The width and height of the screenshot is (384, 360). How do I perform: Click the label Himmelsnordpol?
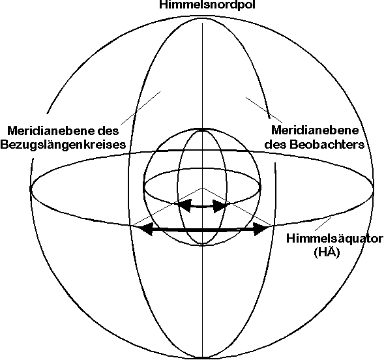click(207, 5)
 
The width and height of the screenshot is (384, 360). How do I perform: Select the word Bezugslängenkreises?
click(63, 145)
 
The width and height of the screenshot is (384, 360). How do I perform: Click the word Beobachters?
click(327, 144)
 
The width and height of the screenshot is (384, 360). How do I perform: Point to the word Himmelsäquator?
click(334, 239)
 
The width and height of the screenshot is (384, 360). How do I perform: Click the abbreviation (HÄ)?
click(327, 252)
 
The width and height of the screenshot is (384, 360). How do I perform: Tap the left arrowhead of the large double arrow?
click(146, 229)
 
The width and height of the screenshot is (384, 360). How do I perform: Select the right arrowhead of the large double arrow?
click(261, 229)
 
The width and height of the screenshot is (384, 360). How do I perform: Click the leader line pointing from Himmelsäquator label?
click(323, 224)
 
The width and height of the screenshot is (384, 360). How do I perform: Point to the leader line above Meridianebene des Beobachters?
click(264, 110)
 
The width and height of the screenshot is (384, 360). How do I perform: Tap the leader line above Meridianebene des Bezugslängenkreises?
click(141, 108)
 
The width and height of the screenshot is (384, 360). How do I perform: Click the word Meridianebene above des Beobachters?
click(315, 130)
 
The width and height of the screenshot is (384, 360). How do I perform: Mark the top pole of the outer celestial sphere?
click(202, 16)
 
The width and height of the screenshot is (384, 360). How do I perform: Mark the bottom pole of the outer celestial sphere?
click(202, 358)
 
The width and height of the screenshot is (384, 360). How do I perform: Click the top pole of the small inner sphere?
click(202, 129)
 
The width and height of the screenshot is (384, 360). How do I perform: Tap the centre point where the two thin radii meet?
click(202, 188)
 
